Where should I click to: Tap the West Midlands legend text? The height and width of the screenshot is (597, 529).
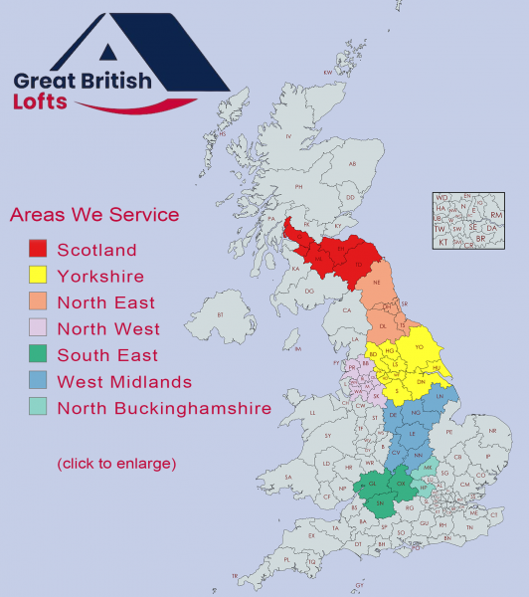pyautogui.click(x=124, y=381)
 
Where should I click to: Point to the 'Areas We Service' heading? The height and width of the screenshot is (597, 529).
pyautogui.click(x=93, y=215)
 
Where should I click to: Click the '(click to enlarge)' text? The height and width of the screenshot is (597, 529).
pyautogui.click(x=116, y=464)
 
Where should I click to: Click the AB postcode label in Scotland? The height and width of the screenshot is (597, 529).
pyautogui.click(x=351, y=165)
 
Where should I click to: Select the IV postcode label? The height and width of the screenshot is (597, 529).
pyautogui.click(x=288, y=137)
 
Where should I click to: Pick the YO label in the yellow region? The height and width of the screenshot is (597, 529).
pyautogui.click(x=419, y=347)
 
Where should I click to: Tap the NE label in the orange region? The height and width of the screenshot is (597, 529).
pyautogui.click(x=377, y=283)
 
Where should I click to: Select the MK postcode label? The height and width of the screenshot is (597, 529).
pyautogui.click(x=427, y=467)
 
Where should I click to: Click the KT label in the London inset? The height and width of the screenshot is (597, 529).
pyautogui.click(x=443, y=242)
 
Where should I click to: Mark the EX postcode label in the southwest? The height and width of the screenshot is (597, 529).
pyautogui.click(x=312, y=536)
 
